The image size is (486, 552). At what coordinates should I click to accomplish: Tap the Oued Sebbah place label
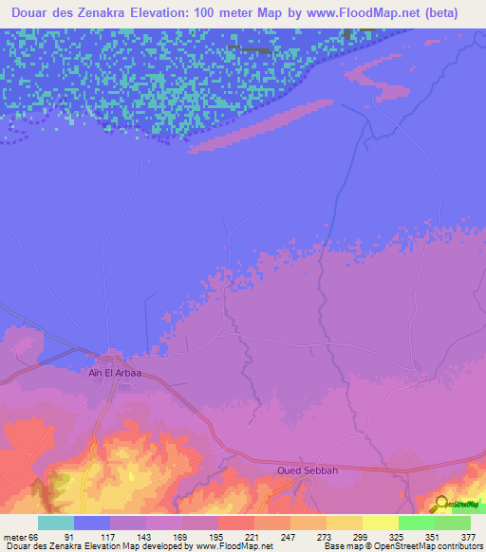pyautogui.click(x=308, y=469)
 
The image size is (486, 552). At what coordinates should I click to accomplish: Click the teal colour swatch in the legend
pyautogui.click(x=56, y=523)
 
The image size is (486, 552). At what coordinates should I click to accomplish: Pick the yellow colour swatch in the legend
pyautogui.click(x=380, y=523)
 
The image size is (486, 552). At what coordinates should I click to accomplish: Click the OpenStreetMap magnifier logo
pyautogui.click(x=440, y=505)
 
